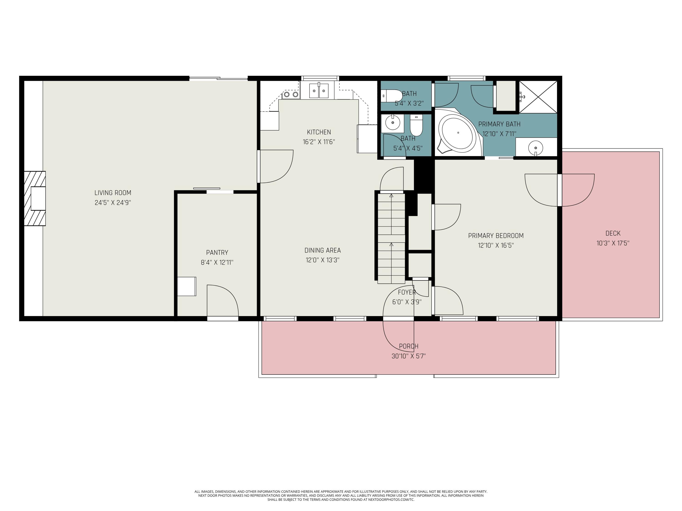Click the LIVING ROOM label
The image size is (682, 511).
pyautogui.click(x=113, y=193)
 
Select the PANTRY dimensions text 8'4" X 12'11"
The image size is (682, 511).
pyautogui.click(x=217, y=263)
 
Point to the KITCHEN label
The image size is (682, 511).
pyautogui.click(x=319, y=132)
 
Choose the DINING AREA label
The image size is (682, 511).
pyautogui.click(x=323, y=251)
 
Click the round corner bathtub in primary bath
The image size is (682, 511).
pyautogui.click(x=458, y=133)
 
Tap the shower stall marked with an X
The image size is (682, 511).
pyautogui.click(x=538, y=97)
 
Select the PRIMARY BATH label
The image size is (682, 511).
pyautogui.click(x=499, y=124)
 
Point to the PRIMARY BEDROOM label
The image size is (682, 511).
pyautogui.click(x=496, y=236)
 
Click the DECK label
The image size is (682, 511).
pyautogui.click(x=613, y=233)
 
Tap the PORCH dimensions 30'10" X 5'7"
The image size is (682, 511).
pyautogui.click(x=409, y=356)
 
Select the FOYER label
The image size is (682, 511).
pyautogui.click(x=407, y=292)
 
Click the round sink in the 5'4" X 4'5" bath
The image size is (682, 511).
pyautogui.click(x=392, y=123)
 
